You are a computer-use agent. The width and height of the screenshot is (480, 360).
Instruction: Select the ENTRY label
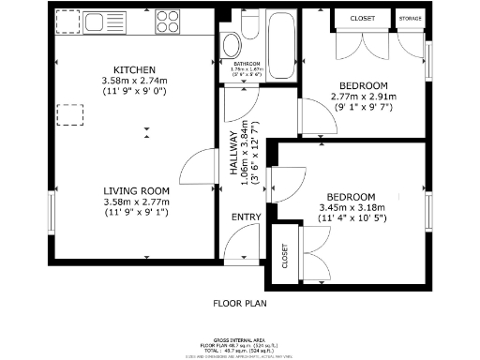coord(247,217)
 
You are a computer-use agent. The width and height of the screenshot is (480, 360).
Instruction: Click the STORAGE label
coord(410,18)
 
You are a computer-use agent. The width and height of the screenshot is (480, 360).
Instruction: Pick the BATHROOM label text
coord(247,64)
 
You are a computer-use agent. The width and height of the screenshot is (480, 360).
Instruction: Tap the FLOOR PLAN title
coord(239,303)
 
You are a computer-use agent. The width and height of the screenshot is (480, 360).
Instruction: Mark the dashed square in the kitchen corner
coord(67,20)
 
